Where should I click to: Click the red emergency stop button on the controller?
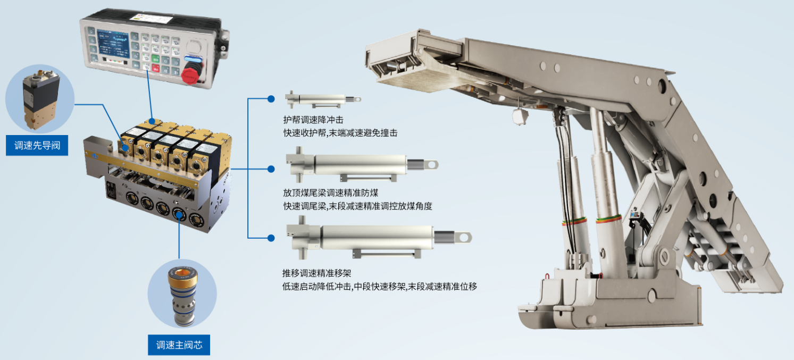190,75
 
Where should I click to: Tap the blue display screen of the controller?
113,44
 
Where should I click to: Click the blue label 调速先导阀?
37,145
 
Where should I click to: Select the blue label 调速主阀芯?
179,345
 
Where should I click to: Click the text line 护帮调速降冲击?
313,120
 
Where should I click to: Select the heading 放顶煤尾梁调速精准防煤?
331,192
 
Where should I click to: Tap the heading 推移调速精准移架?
317,273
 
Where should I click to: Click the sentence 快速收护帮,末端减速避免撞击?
340,133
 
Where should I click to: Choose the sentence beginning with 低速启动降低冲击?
380,286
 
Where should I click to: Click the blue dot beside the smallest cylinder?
271,99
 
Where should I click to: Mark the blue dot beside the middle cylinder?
271,169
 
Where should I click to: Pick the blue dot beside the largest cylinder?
271,238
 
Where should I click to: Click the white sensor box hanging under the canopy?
520,116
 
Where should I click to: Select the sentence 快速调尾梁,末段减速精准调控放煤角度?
358,206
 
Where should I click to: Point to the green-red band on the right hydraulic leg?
608,219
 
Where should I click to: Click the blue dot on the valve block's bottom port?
179,215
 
